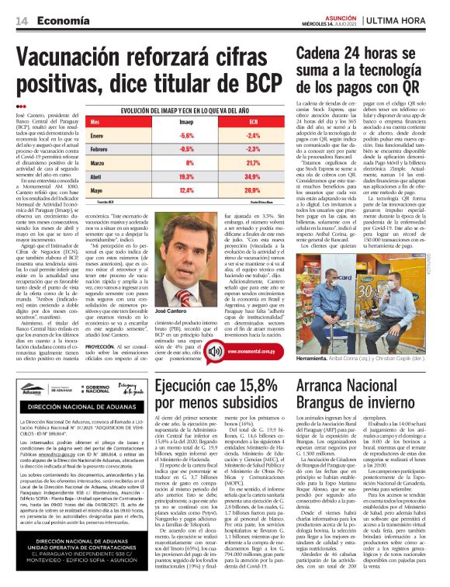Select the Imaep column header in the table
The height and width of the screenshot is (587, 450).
(186, 122)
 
